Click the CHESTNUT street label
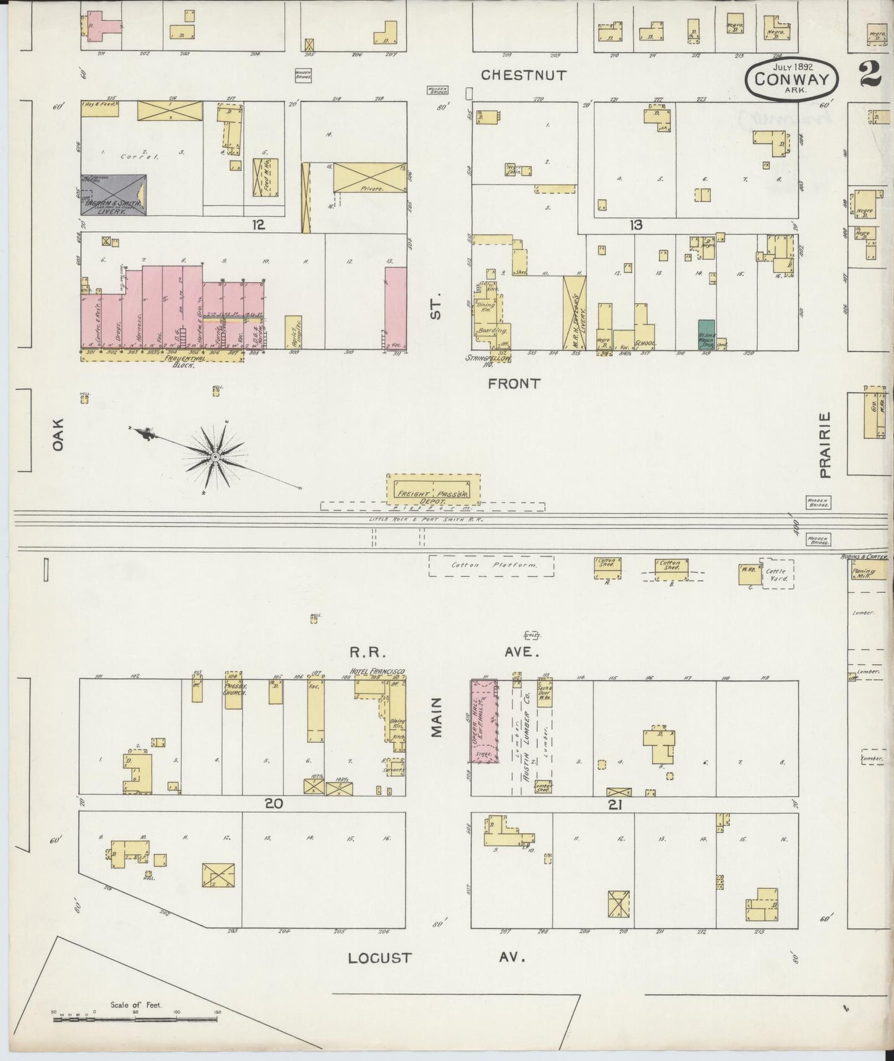523,76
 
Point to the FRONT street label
514,384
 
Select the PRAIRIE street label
824,446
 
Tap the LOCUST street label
379,958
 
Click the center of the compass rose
215,457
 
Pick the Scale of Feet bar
136,1013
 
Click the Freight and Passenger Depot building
433,488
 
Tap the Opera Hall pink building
484,721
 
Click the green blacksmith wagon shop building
706,335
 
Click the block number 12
258,225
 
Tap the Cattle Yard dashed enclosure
778,574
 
